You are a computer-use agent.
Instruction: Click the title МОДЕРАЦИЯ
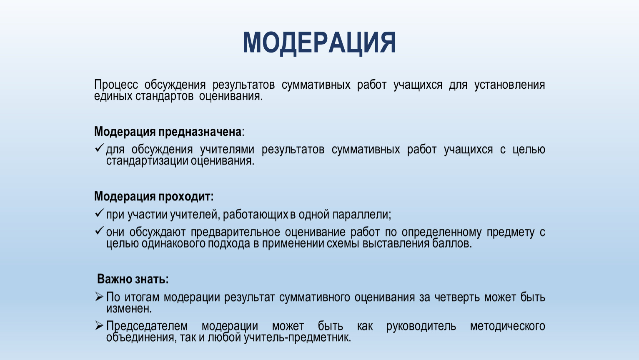coord(319,43)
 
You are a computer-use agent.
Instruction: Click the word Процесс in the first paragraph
coord(116,85)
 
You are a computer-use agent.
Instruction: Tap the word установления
coord(509,85)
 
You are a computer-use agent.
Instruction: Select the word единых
coord(113,96)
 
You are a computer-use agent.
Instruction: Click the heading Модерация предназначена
coord(168,132)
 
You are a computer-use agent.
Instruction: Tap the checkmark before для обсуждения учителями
coord(99,148)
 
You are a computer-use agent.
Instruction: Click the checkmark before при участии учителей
coord(99,213)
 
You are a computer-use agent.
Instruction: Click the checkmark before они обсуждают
coord(99,230)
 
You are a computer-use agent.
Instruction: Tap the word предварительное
coord(236,232)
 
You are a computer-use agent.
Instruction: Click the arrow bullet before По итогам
coord(99,297)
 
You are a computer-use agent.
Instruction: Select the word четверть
coord(457,297)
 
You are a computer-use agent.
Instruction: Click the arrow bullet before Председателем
coord(99,325)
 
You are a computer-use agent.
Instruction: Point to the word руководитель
coord(421,326)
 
